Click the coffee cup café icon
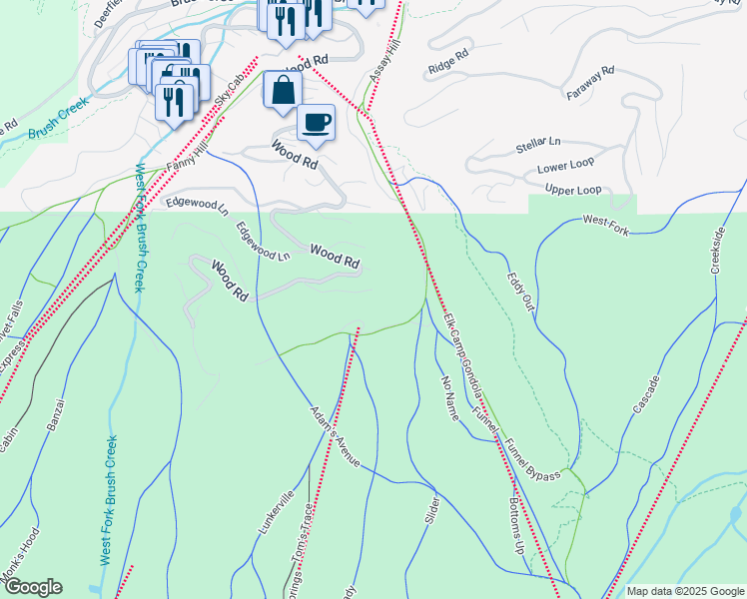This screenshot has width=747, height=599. (316, 123)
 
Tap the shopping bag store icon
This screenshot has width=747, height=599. (283, 88)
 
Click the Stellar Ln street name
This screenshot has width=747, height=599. (538, 146)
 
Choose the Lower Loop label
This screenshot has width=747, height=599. (565, 168)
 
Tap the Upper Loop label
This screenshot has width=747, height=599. (573, 190)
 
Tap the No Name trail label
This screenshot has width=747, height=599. (448, 397)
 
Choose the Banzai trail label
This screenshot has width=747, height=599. (56, 414)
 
